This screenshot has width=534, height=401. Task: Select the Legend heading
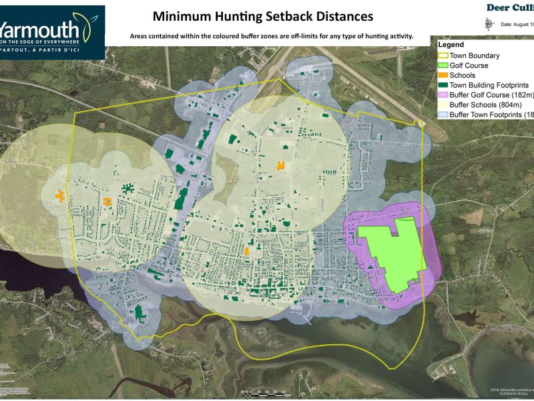tap(451, 45)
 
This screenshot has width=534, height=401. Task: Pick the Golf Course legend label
tap(469, 65)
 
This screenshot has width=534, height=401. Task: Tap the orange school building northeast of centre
tap(281, 165)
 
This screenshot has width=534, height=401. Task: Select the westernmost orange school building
tap(60, 195)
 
